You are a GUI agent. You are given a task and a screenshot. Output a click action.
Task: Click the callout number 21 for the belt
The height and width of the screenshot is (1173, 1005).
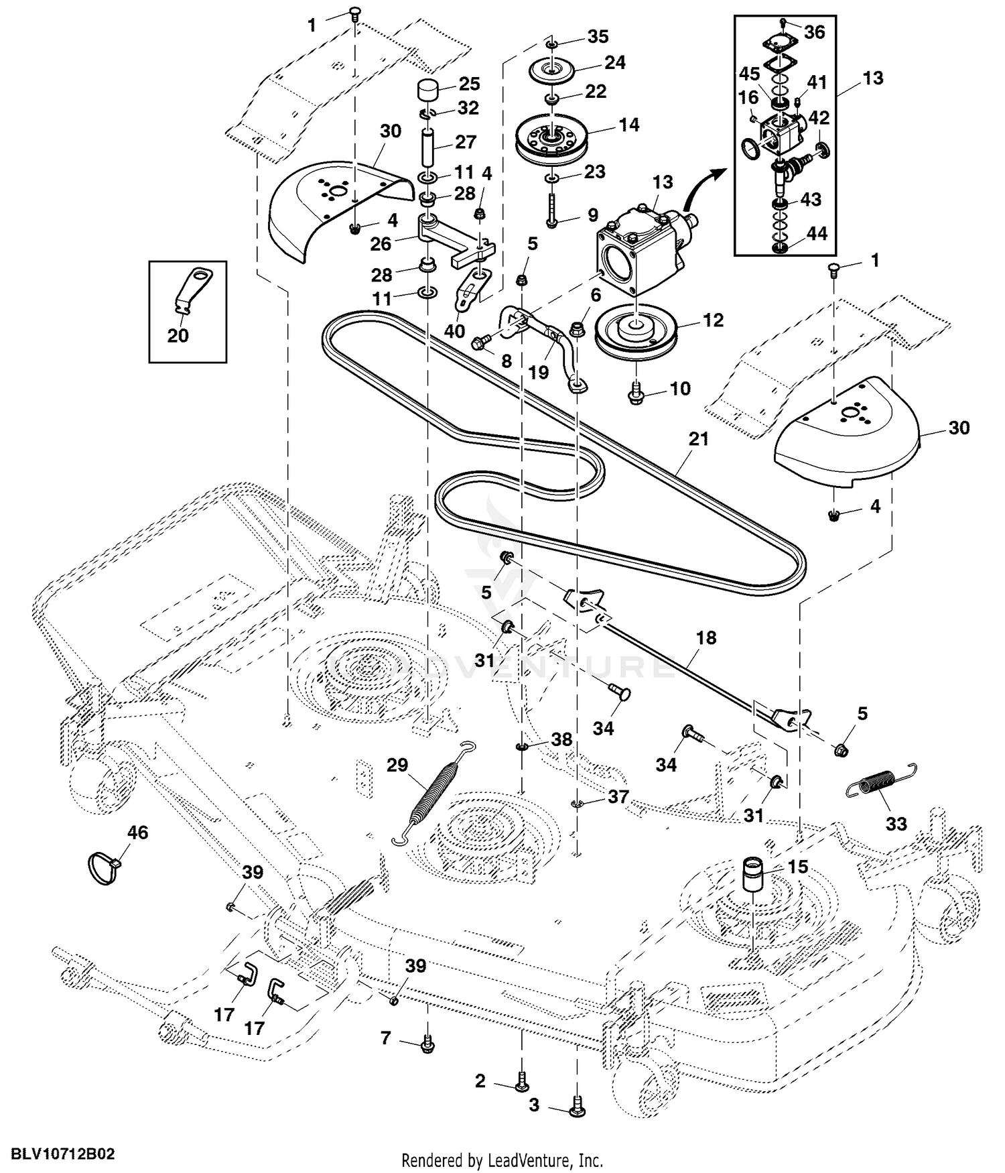(697, 440)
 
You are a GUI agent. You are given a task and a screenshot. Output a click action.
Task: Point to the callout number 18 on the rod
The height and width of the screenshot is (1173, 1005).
(706, 637)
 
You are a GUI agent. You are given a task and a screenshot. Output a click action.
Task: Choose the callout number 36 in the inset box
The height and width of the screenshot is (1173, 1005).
(814, 32)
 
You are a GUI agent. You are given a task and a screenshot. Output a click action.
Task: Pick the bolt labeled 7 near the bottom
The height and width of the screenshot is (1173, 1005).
(427, 1043)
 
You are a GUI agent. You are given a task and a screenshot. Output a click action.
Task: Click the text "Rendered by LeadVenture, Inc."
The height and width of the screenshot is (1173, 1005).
(502, 1160)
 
